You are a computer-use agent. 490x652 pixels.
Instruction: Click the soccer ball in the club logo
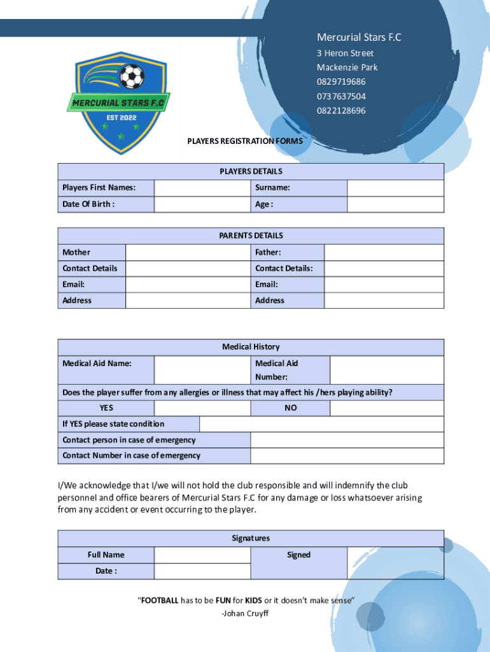pyautogui.click(x=132, y=77)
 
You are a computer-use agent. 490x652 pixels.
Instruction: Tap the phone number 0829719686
pyautogui.click(x=341, y=82)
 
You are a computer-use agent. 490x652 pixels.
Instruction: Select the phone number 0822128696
pyautogui.click(x=341, y=111)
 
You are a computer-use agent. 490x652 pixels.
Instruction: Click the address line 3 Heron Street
pyautogui.click(x=346, y=53)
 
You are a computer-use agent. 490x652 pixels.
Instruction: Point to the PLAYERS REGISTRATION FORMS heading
pyautogui.click(x=245, y=140)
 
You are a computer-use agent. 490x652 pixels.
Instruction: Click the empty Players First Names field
pyautogui.click(x=202, y=188)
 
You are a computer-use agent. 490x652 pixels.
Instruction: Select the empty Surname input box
pyautogui.click(x=395, y=188)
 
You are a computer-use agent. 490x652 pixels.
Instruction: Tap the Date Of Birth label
pyautogui.click(x=88, y=204)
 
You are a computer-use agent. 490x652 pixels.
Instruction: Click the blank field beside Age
pyautogui.click(x=395, y=204)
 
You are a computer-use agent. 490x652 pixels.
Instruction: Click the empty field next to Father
pyautogui.click(x=384, y=253)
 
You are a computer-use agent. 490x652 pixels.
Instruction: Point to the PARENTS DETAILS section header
pyautogui.click(x=251, y=236)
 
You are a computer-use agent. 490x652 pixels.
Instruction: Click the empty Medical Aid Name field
pyautogui.click(x=202, y=370)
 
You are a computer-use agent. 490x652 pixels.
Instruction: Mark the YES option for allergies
pyautogui.click(x=106, y=408)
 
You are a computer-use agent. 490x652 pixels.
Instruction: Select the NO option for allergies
pyautogui.click(x=290, y=408)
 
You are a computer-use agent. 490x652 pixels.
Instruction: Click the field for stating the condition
pyautogui.click(x=321, y=424)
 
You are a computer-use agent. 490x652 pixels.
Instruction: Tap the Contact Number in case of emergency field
pyautogui.click(x=347, y=456)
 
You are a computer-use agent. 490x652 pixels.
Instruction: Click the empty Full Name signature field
pyautogui.click(x=202, y=555)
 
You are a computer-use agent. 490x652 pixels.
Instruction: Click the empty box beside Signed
pyautogui.click(x=395, y=563)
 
